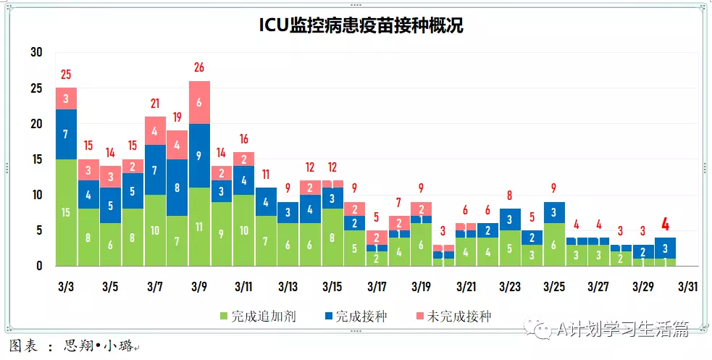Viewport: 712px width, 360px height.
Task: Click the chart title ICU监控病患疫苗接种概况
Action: point(361,26)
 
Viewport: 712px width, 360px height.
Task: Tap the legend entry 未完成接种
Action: point(453,317)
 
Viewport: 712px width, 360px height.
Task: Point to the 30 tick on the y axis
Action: point(37,52)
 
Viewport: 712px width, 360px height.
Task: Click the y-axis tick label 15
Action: point(37,159)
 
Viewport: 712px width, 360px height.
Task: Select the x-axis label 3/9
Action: point(199,287)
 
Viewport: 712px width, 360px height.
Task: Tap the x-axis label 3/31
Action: point(687,287)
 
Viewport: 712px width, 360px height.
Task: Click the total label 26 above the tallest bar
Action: point(199,67)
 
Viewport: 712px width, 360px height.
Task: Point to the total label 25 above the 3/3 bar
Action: point(66,74)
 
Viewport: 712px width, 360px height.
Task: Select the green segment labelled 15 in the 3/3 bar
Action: point(66,212)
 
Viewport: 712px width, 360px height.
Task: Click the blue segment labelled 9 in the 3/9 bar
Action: point(199,155)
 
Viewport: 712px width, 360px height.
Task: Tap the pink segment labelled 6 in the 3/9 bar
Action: point(199,102)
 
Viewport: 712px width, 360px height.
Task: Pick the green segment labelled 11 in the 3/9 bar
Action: point(199,227)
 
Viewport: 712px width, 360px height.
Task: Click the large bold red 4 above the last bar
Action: point(665,224)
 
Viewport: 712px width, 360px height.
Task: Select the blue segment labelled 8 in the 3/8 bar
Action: point(177,188)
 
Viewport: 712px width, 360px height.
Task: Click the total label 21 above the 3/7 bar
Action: point(155,104)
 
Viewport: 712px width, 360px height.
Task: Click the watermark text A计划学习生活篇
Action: point(623,330)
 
